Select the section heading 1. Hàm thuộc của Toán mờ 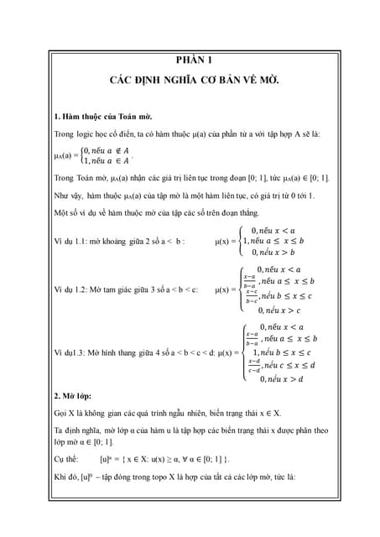pos(102,115)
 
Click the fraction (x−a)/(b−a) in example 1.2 pos(249,281)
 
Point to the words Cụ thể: pos(66,459)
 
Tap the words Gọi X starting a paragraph pos(65,413)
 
